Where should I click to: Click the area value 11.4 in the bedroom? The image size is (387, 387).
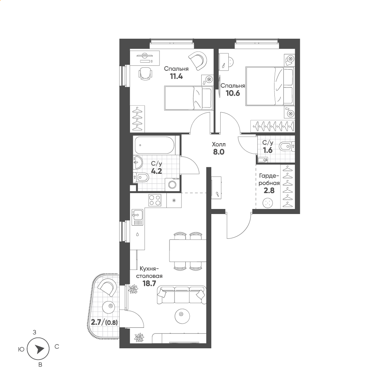(176, 76)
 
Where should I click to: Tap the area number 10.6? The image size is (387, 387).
(233, 93)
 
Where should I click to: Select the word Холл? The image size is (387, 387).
(219, 144)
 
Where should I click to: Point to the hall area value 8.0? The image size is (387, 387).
(219, 152)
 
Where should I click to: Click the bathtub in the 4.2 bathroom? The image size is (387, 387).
(154, 145)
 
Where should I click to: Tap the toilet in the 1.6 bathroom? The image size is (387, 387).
(286, 147)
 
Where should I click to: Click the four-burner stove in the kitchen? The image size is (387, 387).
(155, 200)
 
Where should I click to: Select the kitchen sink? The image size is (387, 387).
(137, 217)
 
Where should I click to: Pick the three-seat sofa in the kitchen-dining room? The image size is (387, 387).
(182, 295)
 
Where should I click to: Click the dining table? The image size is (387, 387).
(188, 250)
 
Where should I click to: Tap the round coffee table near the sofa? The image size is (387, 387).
(182, 314)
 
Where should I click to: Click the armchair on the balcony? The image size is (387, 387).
(107, 288)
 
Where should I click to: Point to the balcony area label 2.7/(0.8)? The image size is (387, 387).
(104, 322)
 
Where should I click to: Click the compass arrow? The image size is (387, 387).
(39, 349)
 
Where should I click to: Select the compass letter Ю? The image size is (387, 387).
(21, 349)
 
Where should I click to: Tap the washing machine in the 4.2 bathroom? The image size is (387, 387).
(173, 184)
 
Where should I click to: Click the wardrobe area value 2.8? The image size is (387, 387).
(269, 190)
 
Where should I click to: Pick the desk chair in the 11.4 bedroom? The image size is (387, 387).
(146, 74)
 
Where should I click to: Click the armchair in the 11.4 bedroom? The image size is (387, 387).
(198, 60)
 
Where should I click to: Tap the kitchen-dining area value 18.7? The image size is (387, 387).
(149, 283)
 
